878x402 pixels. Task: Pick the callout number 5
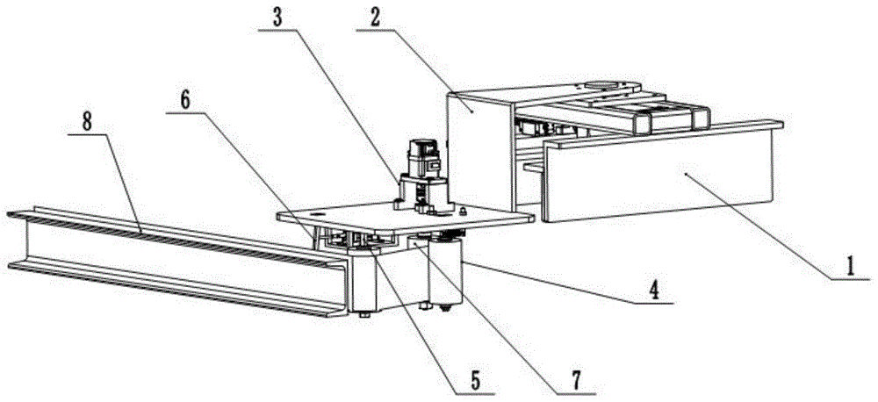pos(473,379)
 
